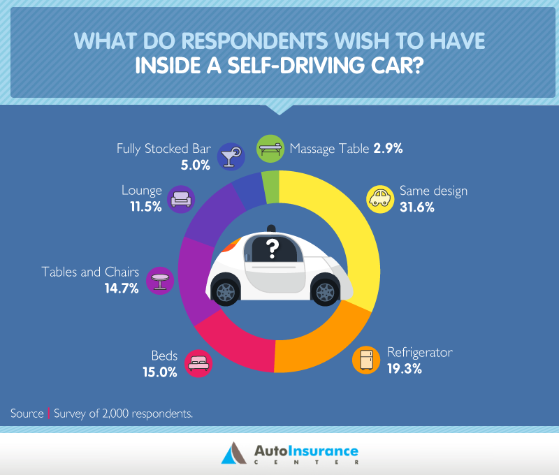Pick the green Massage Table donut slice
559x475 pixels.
[271, 185]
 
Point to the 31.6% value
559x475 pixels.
[416, 207]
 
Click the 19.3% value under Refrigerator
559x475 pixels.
[405, 369]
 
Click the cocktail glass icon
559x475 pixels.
[230, 156]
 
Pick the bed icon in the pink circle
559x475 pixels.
[198, 363]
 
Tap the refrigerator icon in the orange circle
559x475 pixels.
[365, 360]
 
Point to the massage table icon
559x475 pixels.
[270, 148]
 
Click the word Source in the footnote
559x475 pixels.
[27, 414]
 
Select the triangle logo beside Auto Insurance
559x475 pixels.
[232, 454]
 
